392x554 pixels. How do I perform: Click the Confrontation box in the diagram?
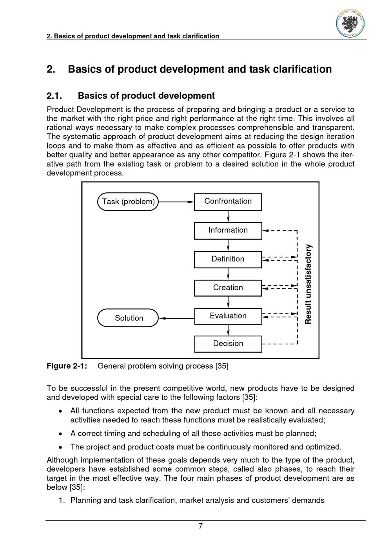[x=228, y=202]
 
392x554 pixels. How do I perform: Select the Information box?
[x=228, y=230]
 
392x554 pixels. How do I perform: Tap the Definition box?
[x=228, y=259]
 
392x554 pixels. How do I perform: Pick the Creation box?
[x=228, y=288]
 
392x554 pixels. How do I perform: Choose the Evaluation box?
[x=228, y=316]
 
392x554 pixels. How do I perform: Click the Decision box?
[x=228, y=344]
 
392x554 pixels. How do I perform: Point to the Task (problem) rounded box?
[x=128, y=202]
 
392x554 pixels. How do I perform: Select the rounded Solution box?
[x=128, y=318]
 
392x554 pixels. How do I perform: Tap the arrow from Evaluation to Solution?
[x=177, y=318]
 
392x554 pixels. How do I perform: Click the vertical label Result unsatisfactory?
[x=309, y=284]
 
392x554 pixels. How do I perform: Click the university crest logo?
[x=350, y=23]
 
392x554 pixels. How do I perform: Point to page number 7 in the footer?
[x=200, y=526]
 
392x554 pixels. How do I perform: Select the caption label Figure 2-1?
[x=67, y=366]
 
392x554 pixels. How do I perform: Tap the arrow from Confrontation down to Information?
[x=228, y=216]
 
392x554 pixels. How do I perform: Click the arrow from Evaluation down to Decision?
[x=228, y=330]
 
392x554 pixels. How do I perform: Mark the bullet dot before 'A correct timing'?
[x=60, y=434]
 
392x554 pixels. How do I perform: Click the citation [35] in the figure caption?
[x=222, y=366]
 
